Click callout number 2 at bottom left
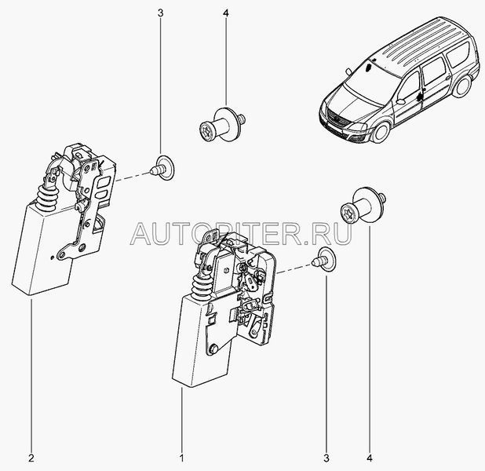31,458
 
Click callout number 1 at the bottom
182,458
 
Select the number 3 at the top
160,13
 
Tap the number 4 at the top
225,13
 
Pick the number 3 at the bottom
326,458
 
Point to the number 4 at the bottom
370,458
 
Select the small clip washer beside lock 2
162,167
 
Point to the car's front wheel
381,132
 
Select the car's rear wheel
462,85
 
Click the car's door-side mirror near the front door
401,101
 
